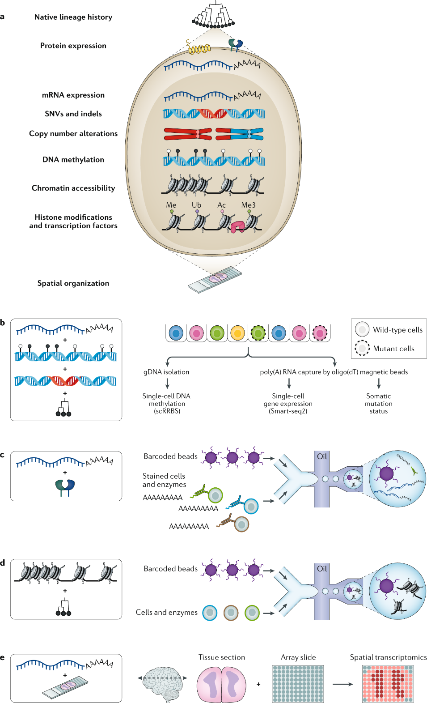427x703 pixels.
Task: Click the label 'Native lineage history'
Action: (73, 17)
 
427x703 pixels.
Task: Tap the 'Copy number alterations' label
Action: (73, 133)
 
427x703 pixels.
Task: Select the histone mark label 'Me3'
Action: (248, 205)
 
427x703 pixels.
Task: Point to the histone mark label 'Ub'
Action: (196, 205)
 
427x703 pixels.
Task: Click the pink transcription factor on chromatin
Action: (237, 227)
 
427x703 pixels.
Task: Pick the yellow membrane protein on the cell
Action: (199, 49)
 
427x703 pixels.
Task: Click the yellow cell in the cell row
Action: (237, 333)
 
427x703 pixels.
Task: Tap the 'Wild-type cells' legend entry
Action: (397, 330)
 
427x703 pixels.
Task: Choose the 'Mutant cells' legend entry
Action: (393, 349)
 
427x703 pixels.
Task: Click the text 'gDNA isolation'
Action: (166, 372)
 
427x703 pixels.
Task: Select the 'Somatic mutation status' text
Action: (379, 404)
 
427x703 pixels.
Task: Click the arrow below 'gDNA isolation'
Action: (167, 383)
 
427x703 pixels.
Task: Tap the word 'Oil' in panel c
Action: (322, 456)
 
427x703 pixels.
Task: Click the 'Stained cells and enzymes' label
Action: (164, 480)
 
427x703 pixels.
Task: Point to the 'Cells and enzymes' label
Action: (167, 612)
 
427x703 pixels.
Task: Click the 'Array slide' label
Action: (298, 657)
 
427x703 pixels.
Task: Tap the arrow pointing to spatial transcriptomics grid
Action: (342, 684)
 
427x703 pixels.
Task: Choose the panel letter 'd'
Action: (3, 563)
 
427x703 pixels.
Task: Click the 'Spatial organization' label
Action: (73, 283)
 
